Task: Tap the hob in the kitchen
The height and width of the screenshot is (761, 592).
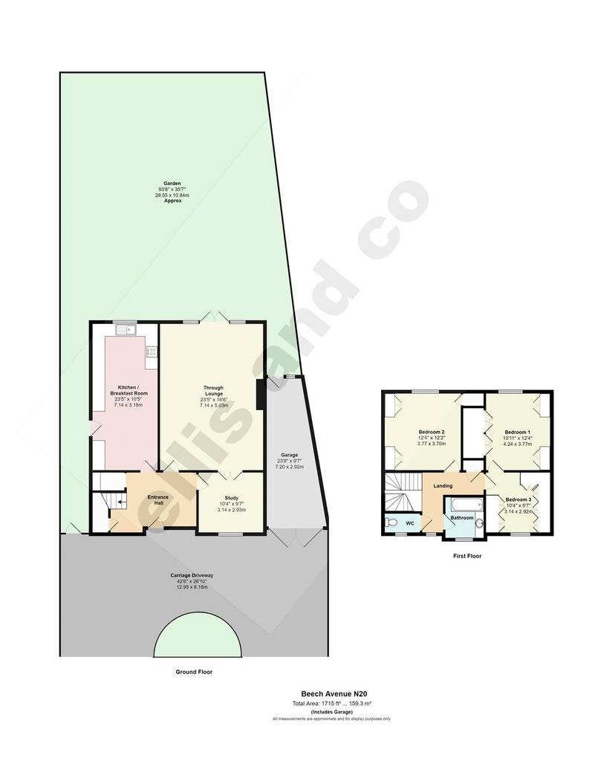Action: point(152,351)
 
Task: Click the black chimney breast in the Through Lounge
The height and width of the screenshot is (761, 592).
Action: point(261,394)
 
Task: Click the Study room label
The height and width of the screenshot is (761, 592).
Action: point(232,498)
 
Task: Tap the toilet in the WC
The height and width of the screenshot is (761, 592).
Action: point(391,523)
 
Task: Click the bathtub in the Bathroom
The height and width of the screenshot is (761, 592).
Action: point(466,505)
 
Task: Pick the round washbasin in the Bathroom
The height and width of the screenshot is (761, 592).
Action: point(479,524)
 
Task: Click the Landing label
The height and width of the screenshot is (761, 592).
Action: point(443,486)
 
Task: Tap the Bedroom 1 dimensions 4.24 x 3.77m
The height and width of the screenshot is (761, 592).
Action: point(518,444)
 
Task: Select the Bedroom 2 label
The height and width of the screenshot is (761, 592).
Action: point(432,432)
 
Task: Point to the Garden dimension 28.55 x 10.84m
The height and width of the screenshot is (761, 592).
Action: point(172,195)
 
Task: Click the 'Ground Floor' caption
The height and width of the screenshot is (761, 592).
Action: point(194,672)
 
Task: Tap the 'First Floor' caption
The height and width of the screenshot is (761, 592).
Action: point(467,556)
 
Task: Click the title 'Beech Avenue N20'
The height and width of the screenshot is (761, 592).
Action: point(331,694)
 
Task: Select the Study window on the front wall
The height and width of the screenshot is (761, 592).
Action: point(232,534)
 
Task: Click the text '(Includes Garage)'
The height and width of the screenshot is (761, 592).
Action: point(331,712)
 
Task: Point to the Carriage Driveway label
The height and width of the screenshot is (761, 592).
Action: point(192,576)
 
